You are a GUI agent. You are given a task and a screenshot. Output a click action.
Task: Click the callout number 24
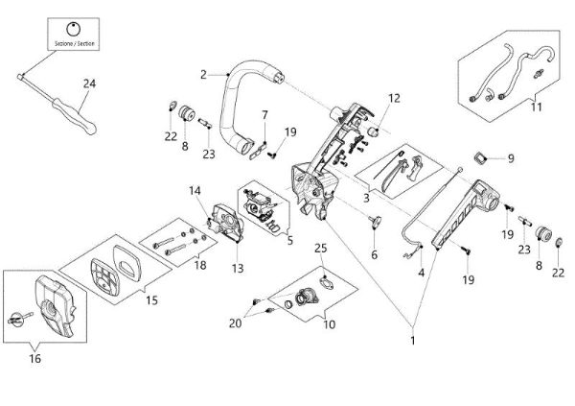tap(89, 84)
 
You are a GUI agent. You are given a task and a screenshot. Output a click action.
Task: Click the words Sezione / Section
tap(74, 41)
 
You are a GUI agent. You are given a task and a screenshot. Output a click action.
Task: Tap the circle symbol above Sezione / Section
tap(75, 26)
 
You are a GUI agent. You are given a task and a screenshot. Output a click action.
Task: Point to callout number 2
tap(204, 74)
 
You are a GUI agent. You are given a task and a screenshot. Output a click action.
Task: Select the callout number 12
tap(394, 98)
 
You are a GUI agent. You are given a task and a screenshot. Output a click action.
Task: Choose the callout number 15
tap(151, 300)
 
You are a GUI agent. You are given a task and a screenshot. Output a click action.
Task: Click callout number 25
tap(320, 250)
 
